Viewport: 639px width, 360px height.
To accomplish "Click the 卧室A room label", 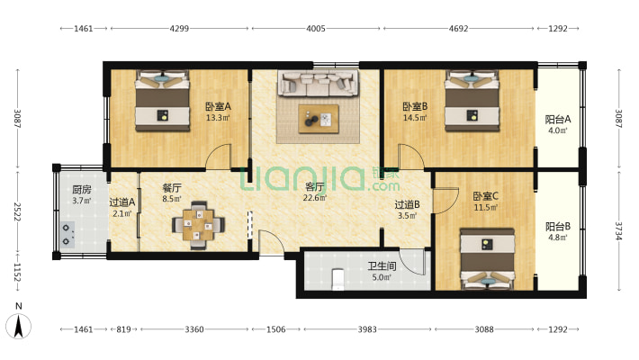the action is click(218, 106).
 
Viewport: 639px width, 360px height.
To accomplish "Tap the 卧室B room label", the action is click(415, 106).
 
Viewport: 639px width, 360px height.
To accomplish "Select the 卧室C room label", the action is click(485, 196).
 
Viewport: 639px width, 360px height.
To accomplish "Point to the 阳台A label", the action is click(558, 120).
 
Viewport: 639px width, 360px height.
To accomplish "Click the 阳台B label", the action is click(558, 226).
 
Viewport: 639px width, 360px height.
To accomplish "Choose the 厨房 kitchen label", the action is click(82, 189).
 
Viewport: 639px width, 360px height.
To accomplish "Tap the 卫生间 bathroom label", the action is click(382, 266).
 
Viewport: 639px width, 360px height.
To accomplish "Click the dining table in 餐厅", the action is click(198, 225).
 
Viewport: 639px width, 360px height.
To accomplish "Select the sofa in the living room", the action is click(319, 83).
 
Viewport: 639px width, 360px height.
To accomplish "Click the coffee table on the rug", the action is click(319, 119).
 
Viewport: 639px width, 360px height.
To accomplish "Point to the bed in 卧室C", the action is click(487, 258).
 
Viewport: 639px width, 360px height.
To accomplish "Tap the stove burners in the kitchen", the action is click(67, 235).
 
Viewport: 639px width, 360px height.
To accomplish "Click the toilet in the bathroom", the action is click(338, 279).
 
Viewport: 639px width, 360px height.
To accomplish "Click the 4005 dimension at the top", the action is click(316, 29).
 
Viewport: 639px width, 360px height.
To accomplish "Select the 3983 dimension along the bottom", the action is click(367, 329).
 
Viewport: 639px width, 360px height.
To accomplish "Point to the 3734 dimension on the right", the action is click(618, 230).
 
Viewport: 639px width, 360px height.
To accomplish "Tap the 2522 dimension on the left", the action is click(17, 211).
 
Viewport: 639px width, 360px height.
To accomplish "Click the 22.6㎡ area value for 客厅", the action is click(314, 198).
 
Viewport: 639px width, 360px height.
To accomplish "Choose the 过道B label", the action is click(407, 204).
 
